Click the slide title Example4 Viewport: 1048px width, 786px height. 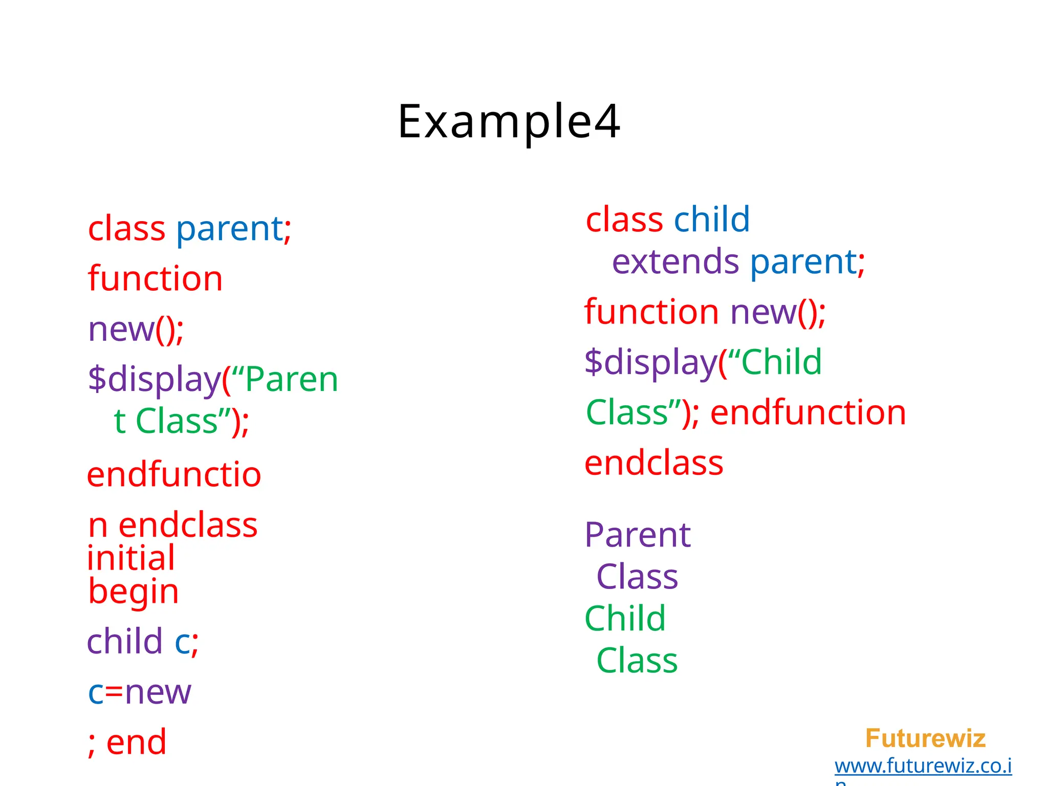(x=509, y=122)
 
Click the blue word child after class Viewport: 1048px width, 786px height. (x=711, y=220)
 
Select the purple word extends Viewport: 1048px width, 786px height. (x=675, y=262)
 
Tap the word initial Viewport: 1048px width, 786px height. (x=131, y=558)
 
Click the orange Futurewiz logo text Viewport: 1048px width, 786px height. (x=925, y=738)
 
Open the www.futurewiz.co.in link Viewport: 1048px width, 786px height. (x=923, y=766)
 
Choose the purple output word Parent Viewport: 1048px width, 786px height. (x=638, y=535)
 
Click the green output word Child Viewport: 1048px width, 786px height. (x=625, y=618)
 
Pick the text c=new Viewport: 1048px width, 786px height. (x=139, y=692)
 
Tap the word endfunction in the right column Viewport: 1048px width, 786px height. (x=808, y=412)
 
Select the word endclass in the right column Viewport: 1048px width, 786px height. (x=653, y=463)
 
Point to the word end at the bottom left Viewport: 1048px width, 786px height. (x=136, y=742)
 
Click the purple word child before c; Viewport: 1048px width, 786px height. (x=124, y=641)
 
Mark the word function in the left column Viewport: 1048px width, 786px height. (x=155, y=278)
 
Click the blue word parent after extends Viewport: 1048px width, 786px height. (x=803, y=262)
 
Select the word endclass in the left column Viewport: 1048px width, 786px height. (x=188, y=525)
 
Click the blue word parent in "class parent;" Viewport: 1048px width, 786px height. (x=230, y=229)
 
